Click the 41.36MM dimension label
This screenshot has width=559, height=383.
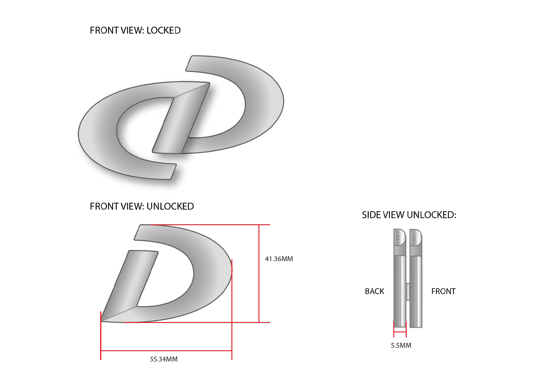click(278, 259)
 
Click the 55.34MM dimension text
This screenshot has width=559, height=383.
click(163, 359)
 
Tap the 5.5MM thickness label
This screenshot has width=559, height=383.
click(401, 345)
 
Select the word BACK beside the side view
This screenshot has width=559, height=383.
click(374, 291)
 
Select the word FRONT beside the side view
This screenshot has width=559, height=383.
click(443, 291)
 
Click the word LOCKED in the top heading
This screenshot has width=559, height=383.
click(163, 30)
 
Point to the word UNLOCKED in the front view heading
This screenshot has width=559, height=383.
click(170, 206)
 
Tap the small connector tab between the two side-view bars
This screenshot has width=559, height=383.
click(408, 291)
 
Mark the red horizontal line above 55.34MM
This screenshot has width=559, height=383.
click(166, 351)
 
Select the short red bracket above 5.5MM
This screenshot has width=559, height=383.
click(400, 331)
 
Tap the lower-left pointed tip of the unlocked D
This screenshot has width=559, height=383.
click(103, 320)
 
